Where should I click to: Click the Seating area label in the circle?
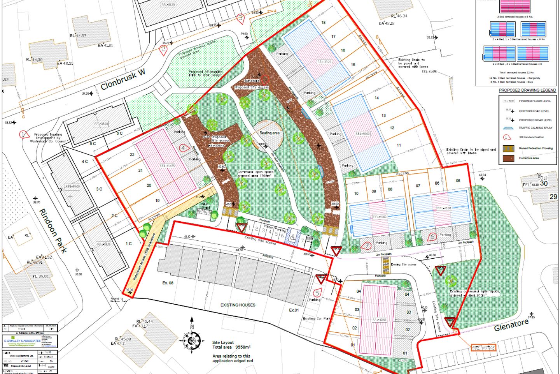click(269, 133)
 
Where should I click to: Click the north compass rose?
click(191, 340)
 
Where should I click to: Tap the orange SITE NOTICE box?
click(483, 348)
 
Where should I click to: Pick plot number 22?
click(132, 155)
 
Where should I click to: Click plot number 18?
click(323, 23)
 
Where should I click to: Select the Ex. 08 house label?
click(168, 283)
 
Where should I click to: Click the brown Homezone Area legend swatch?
click(508, 158)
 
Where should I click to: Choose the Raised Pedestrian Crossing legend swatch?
click(508, 148)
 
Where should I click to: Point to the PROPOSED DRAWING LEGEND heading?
click(527, 90)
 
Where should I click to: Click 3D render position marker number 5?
click(317, 293)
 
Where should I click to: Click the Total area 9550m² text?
click(231, 347)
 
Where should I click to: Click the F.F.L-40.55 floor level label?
click(379, 320)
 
